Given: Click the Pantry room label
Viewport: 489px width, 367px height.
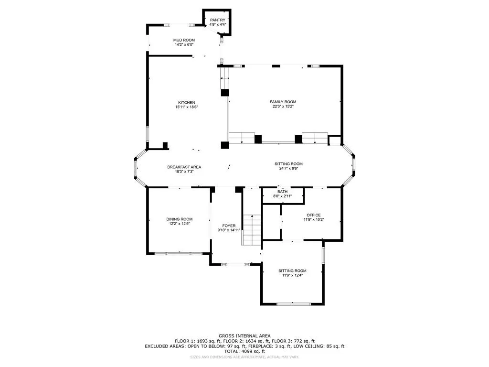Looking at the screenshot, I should click(x=217, y=20).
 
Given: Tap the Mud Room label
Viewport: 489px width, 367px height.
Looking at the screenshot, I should click(x=183, y=40).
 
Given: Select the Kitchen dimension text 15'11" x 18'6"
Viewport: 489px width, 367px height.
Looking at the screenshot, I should click(x=186, y=108).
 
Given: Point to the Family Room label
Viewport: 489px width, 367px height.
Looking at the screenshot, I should click(x=283, y=102).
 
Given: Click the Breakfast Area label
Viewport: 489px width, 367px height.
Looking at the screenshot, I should click(x=184, y=167).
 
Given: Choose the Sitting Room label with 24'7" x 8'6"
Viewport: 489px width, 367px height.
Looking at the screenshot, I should click(x=288, y=164).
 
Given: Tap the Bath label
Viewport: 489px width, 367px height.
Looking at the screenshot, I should click(x=283, y=192).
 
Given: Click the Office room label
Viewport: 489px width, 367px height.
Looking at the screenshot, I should click(x=314, y=215).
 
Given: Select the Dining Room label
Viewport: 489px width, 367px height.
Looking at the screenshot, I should click(x=180, y=219).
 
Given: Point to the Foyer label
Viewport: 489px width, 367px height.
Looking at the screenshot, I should click(x=229, y=226).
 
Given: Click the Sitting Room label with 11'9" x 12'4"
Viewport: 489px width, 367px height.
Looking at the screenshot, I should click(x=292, y=271).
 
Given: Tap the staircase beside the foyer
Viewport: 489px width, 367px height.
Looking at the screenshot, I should click(x=251, y=229).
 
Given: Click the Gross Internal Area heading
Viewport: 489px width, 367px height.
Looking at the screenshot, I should click(x=244, y=336).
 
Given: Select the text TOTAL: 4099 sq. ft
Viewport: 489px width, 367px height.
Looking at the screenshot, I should click(x=244, y=351).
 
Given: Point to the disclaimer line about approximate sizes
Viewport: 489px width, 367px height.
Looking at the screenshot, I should click(x=244, y=357).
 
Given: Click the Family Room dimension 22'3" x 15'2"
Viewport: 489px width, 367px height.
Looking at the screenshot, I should click(x=283, y=107).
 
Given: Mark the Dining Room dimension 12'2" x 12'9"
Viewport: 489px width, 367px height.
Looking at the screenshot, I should click(x=180, y=224).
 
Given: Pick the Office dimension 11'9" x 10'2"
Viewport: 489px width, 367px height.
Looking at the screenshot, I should click(x=314, y=220).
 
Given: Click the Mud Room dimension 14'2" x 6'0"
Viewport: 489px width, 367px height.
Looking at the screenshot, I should click(x=183, y=45).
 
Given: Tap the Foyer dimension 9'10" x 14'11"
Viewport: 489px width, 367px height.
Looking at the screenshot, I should click(x=229, y=230).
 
